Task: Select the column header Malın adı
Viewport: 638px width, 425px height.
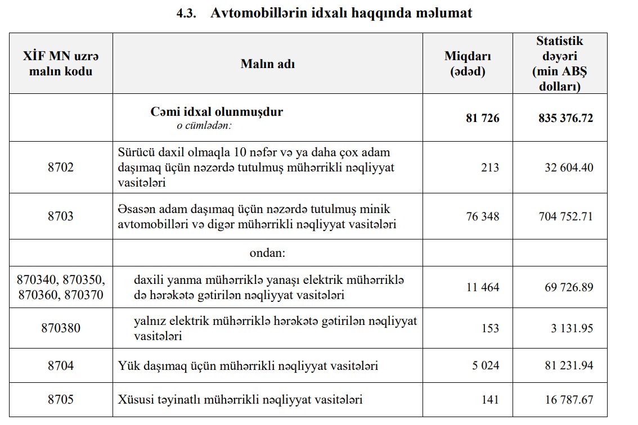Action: [268, 64]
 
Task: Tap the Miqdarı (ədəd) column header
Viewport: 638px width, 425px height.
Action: [468, 64]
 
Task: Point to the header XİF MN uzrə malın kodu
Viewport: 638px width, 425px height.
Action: [61, 64]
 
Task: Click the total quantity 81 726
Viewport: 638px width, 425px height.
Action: [482, 118]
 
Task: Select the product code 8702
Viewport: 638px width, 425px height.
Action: [61, 168]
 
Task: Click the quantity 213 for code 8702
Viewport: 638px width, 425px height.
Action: [489, 168]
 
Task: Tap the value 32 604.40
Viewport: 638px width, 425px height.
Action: [569, 168]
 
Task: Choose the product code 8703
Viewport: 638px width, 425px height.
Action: [61, 216]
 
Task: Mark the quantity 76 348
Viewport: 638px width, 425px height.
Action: [483, 216]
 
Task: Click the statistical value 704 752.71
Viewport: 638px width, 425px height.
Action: [565, 216]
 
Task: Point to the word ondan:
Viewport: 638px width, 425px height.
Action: [268, 253]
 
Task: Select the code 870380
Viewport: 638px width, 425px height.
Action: [61, 328]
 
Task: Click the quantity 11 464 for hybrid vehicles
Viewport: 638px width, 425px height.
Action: [483, 287]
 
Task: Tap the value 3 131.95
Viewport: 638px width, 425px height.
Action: [572, 328]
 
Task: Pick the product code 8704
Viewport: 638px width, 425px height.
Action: [61, 366]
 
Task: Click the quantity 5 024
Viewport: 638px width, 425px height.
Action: [486, 366]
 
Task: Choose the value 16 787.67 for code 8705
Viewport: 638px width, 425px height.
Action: [569, 400]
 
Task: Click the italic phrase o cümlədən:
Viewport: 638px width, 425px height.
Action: [204, 125]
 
